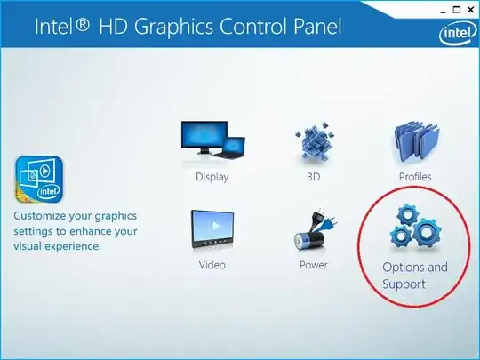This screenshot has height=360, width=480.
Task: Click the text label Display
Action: pyautogui.click(x=212, y=176)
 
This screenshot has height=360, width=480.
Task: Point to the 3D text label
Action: pyautogui.click(x=313, y=176)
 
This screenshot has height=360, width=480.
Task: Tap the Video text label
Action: pyautogui.click(x=212, y=264)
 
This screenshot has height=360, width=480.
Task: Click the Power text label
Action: pyautogui.click(x=313, y=264)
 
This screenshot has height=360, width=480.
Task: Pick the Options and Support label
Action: pyautogui.click(x=414, y=276)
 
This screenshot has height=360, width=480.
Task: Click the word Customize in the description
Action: pyautogui.click(x=43, y=216)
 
